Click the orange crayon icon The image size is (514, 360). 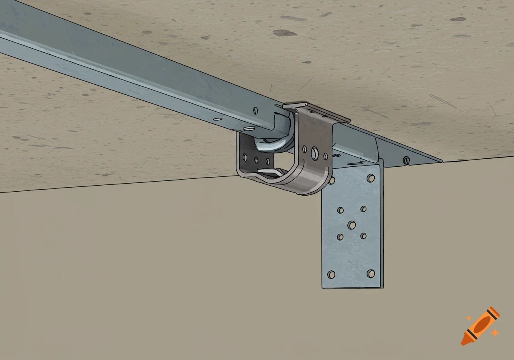[x=480, y=326]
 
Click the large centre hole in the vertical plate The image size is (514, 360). [x=352, y=225]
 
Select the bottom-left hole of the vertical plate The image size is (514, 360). [x=331, y=274]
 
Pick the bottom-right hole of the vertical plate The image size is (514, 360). [x=371, y=274]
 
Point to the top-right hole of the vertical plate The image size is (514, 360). [x=371, y=178]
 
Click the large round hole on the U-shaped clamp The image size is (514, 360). [x=315, y=152]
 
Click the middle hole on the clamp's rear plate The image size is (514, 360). [x=256, y=160]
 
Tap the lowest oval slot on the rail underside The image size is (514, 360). [x=249, y=129]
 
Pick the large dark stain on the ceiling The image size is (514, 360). [x=284, y=33]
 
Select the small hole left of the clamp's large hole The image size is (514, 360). [x=305, y=149]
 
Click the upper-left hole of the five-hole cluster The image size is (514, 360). [x=341, y=210]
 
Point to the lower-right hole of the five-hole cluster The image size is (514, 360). [x=363, y=236]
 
